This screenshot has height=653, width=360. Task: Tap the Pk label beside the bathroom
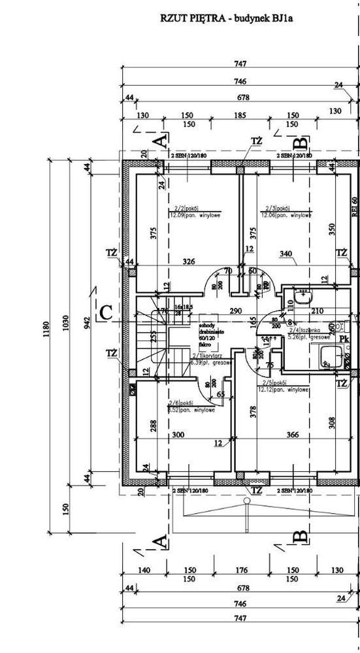coord(343,338)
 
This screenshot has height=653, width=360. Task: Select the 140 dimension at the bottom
coord(144,570)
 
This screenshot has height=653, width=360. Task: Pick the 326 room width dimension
coord(188,262)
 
